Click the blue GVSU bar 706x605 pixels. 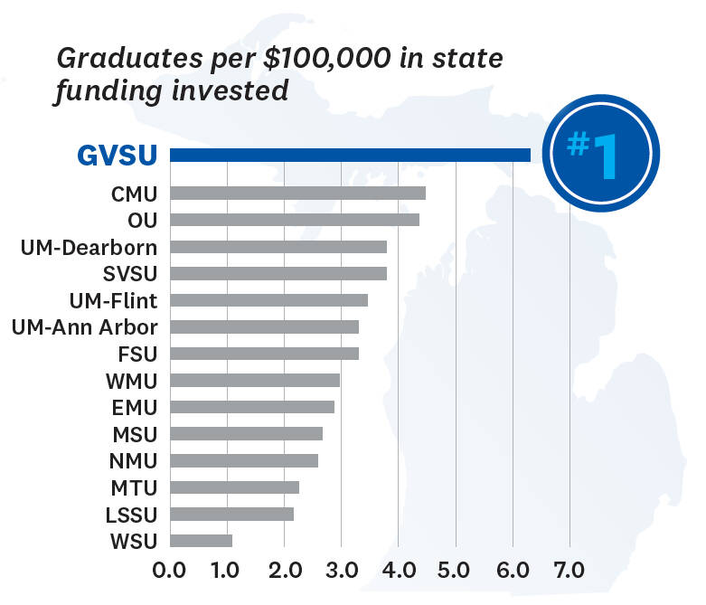350,156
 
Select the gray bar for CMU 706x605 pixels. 297,193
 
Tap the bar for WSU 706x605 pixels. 201,541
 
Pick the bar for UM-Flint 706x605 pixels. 268,300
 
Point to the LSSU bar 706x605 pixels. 231,515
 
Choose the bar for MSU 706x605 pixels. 246,434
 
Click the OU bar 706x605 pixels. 294,220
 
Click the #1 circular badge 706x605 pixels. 596,155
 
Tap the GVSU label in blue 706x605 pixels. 118,156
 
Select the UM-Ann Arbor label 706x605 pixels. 85,326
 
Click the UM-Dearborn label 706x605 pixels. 89,247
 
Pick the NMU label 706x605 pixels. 135,460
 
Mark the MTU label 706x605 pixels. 136,487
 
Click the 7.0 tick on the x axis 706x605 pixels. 570,572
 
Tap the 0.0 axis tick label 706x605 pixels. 169,572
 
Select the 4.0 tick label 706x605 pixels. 398,572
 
